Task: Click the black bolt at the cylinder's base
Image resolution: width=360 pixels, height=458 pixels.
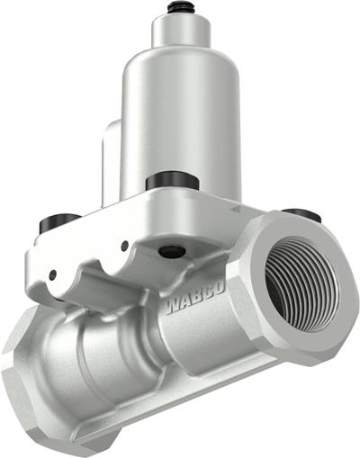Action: tap(172, 180)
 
